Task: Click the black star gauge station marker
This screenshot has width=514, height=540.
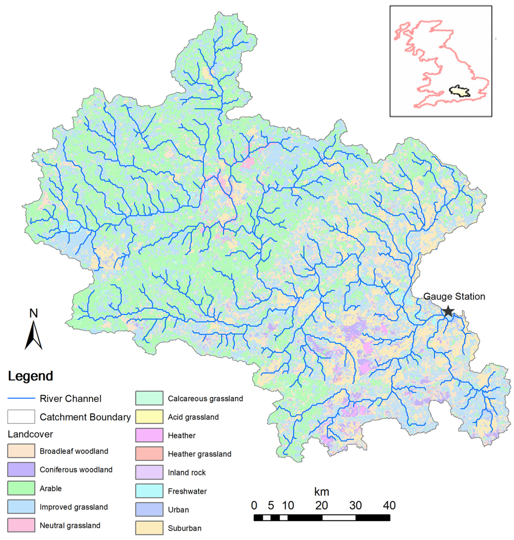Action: pyautogui.click(x=448, y=311)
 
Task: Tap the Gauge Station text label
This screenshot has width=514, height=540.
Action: pyautogui.click(x=454, y=296)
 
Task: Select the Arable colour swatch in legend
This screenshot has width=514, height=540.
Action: pyautogui.click(x=21, y=488)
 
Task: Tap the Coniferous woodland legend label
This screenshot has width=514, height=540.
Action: pyautogui.click(x=76, y=470)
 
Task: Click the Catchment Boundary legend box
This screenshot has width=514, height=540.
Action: pyautogui.click(x=21, y=417)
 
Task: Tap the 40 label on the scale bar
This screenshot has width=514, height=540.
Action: pyautogui.click(x=389, y=505)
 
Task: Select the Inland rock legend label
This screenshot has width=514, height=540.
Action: pyautogui.click(x=187, y=473)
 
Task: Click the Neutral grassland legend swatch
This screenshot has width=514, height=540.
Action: pyautogui.click(x=21, y=525)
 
